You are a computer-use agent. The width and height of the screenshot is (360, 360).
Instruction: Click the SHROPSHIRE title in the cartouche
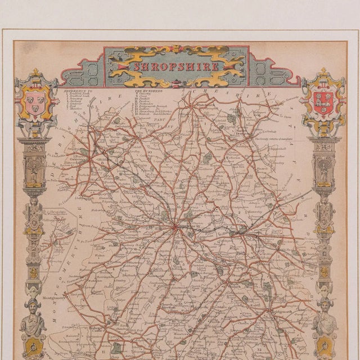point(177,66)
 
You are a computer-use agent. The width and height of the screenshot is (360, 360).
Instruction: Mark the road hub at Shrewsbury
point(175,228)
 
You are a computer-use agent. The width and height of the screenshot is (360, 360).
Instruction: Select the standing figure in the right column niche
point(325,169)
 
